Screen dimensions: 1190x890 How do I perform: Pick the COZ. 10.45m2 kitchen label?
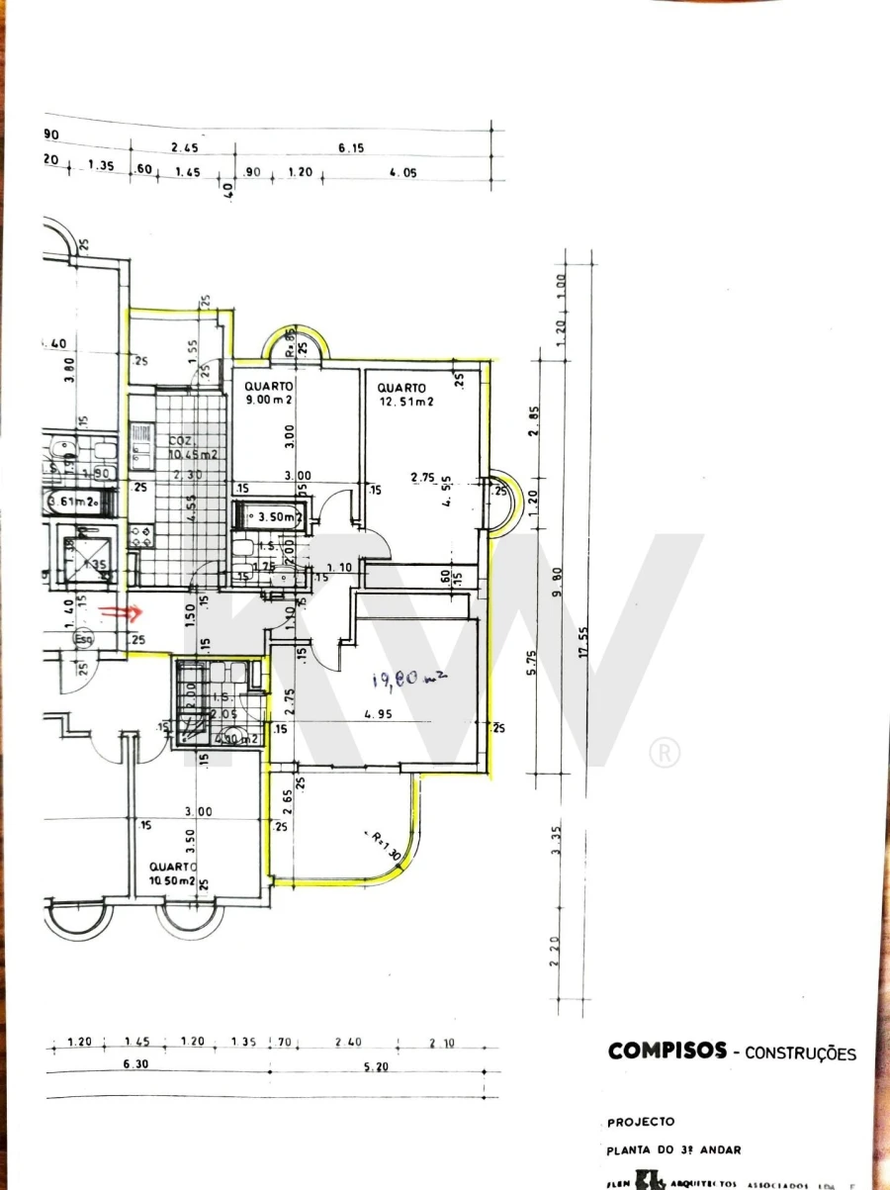[x=192, y=448]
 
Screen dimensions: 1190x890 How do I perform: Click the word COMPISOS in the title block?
[x=667, y=1052]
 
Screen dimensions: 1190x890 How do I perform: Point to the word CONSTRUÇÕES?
[x=800, y=1053]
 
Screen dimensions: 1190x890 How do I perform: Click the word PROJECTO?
[x=641, y=1122]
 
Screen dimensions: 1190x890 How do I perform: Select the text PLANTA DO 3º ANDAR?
[x=673, y=1149]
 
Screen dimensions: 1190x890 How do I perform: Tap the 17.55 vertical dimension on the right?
[x=583, y=645]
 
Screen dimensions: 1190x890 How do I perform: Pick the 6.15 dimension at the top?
[x=352, y=148]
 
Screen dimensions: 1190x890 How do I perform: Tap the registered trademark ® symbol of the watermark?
[x=665, y=753]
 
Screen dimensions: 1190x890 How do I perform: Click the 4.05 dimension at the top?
[x=403, y=172]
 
